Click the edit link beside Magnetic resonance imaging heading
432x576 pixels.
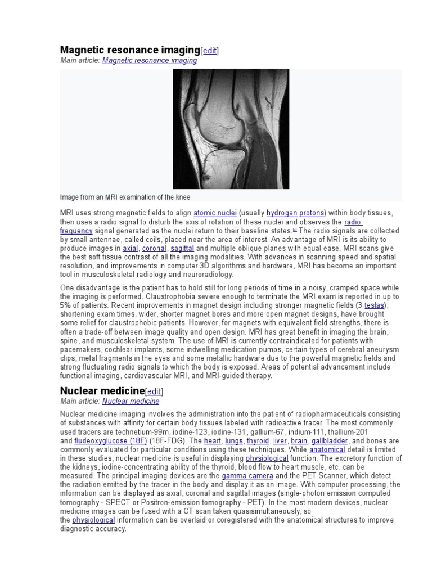(x=210, y=51)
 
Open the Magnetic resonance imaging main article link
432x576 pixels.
(x=150, y=60)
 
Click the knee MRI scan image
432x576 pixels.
(x=231, y=129)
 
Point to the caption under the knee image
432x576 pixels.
(x=125, y=197)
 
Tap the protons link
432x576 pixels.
(x=312, y=213)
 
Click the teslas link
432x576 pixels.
(x=376, y=305)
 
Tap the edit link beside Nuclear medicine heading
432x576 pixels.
(x=155, y=391)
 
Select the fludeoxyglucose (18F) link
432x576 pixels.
(x=111, y=441)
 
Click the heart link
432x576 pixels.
(x=212, y=441)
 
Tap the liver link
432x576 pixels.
(x=280, y=441)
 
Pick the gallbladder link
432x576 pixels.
(x=330, y=441)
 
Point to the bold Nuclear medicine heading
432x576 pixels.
(x=102, y=390)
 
